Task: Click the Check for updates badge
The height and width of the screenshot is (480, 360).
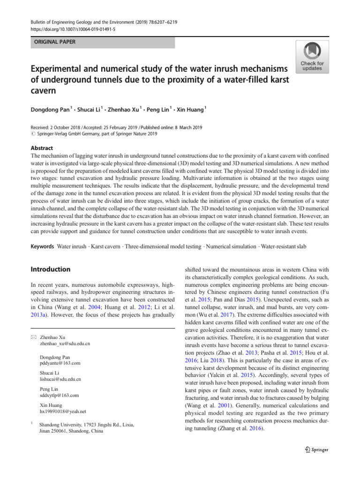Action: [x=312, y=57]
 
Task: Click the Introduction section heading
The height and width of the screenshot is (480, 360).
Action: [x=50, y=270]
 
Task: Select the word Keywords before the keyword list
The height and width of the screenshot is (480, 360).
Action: [x=42, y=246]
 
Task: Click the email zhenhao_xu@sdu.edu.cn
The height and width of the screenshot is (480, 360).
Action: [x=65, y=344]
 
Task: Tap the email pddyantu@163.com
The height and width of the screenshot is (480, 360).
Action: [x=60, y=363]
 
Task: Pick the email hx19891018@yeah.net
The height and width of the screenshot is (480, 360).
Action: [x=63, y=412]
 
